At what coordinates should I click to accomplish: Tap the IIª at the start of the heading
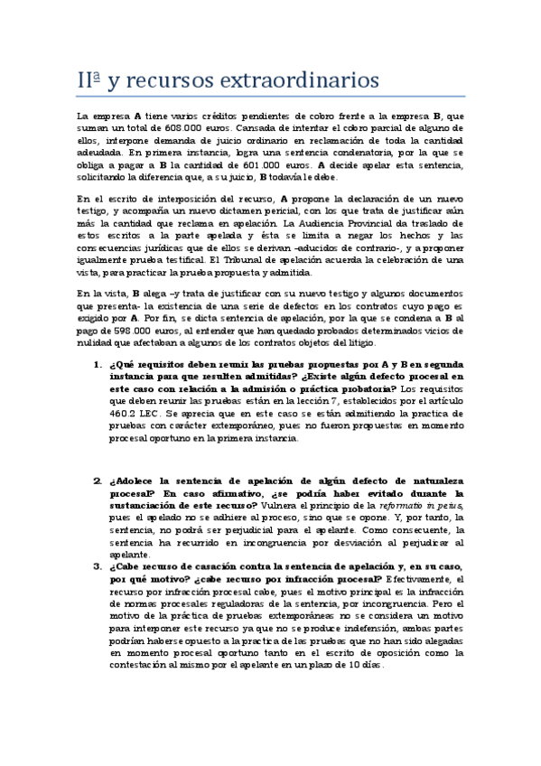[89, 81]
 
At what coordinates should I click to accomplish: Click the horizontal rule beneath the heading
[270, 97]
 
